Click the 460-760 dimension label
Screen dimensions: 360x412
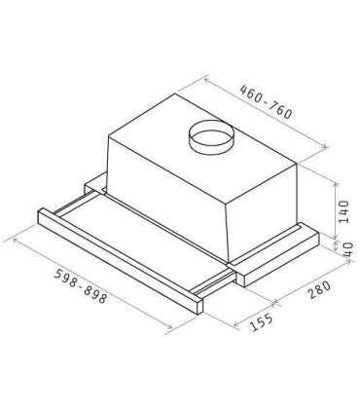click(x=266, y=101)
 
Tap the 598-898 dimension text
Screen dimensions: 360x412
click(x=80, y=286)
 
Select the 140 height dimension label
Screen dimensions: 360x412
click(x=343, y=211)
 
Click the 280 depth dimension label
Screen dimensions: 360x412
click(x=319, y=289)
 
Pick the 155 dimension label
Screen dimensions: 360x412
click(x=262, y=321)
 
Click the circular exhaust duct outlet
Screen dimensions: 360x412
click(x=211, y=136)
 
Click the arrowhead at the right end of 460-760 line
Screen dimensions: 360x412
click(x=323, y=146)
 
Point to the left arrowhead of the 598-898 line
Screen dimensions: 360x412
click(x=17, y=241)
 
